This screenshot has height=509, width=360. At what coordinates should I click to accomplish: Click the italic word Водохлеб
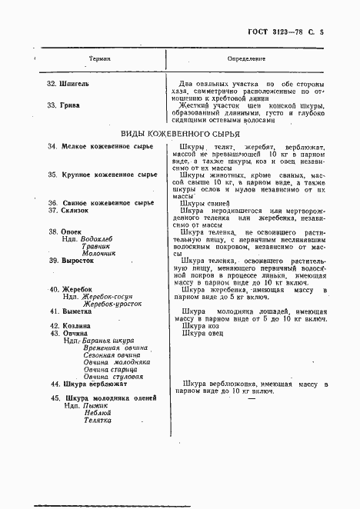(100, 239)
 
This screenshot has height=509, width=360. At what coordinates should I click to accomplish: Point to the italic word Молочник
(98, 253)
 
